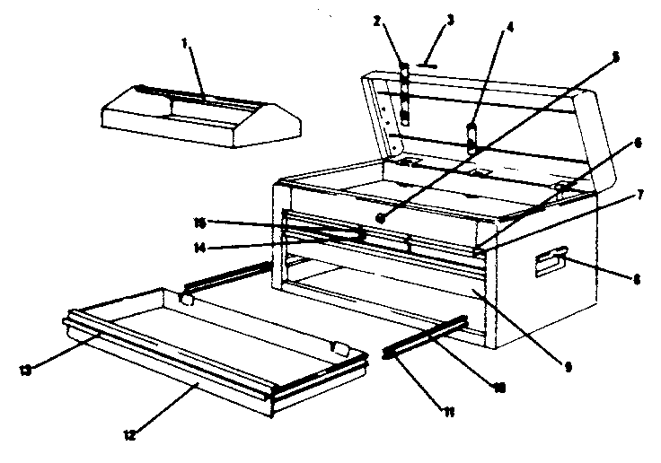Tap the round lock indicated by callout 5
click(x=383, y=218)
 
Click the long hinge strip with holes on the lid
click(x=404, y=94)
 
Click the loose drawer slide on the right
click(x=427, y=336)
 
